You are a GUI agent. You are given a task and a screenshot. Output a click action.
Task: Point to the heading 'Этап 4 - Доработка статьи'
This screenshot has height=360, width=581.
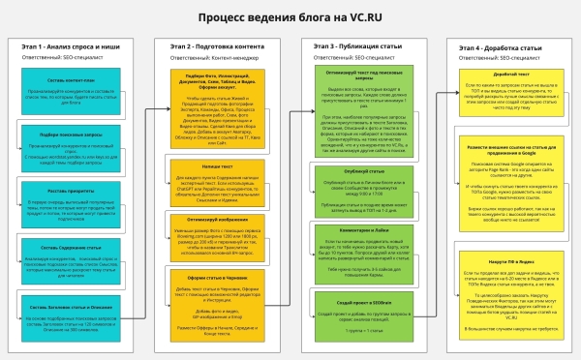click(x=501, y=45)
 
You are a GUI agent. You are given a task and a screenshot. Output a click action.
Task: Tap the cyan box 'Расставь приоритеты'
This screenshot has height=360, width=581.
click(x=71, y=192)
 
